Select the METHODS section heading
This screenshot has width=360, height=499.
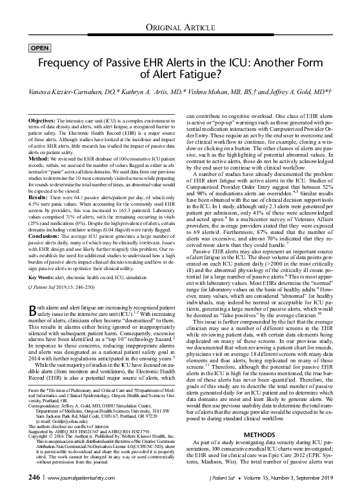260,435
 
